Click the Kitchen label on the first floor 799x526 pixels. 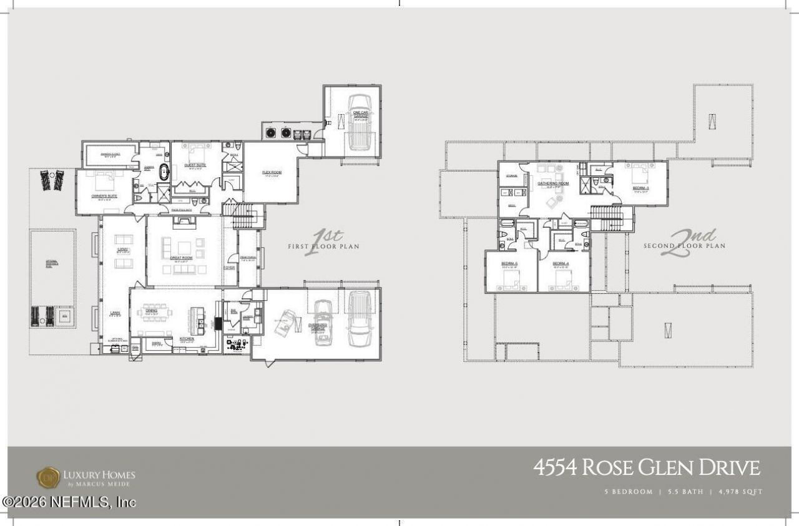[187, 338]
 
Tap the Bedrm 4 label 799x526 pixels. [563, 263]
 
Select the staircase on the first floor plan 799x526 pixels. [244, 215]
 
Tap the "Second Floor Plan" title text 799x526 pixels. [684, 246]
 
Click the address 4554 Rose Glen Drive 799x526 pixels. [647, 468]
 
